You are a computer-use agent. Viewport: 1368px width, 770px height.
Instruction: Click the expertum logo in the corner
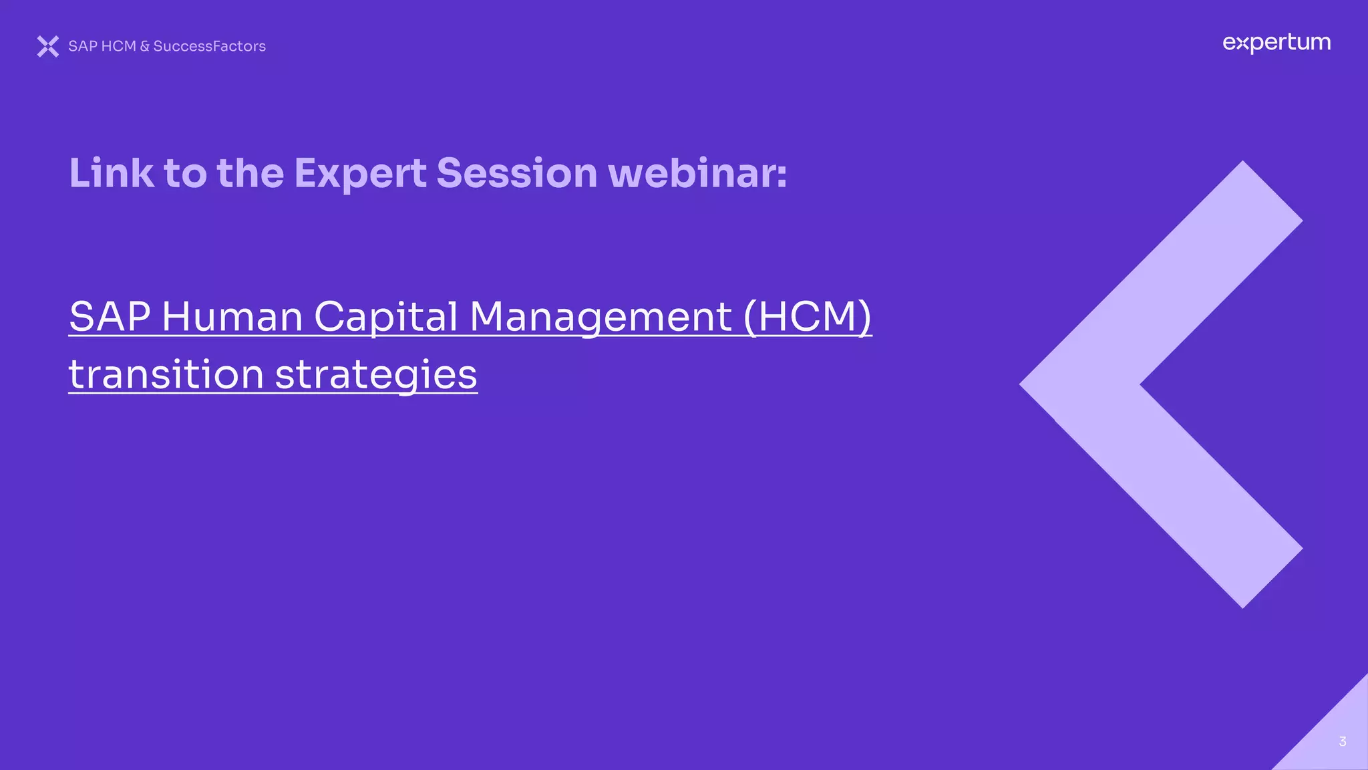(x=1276, y=43)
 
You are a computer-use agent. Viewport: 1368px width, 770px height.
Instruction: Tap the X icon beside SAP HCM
(x=48, y=46)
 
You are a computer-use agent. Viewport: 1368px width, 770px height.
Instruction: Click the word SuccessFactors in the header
(x=209, y=46)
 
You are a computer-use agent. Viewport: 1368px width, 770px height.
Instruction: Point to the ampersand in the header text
(x=144, y=46)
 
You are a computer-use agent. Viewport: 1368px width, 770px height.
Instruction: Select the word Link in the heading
(x=111, y=174)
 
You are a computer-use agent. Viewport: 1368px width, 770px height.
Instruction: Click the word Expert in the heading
(x=360, y=174)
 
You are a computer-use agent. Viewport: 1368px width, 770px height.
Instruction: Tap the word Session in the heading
(x=516, y=174)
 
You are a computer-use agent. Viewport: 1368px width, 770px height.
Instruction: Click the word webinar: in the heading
(x=697, y=174)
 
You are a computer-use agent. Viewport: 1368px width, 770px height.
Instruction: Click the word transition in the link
(x=166, y=374)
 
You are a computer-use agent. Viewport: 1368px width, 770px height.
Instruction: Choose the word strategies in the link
(x=376, y=374)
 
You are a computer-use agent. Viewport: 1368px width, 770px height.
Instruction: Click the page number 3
(x=1343, y=741)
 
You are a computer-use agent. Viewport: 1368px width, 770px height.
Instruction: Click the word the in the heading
(x=250, y=174)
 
